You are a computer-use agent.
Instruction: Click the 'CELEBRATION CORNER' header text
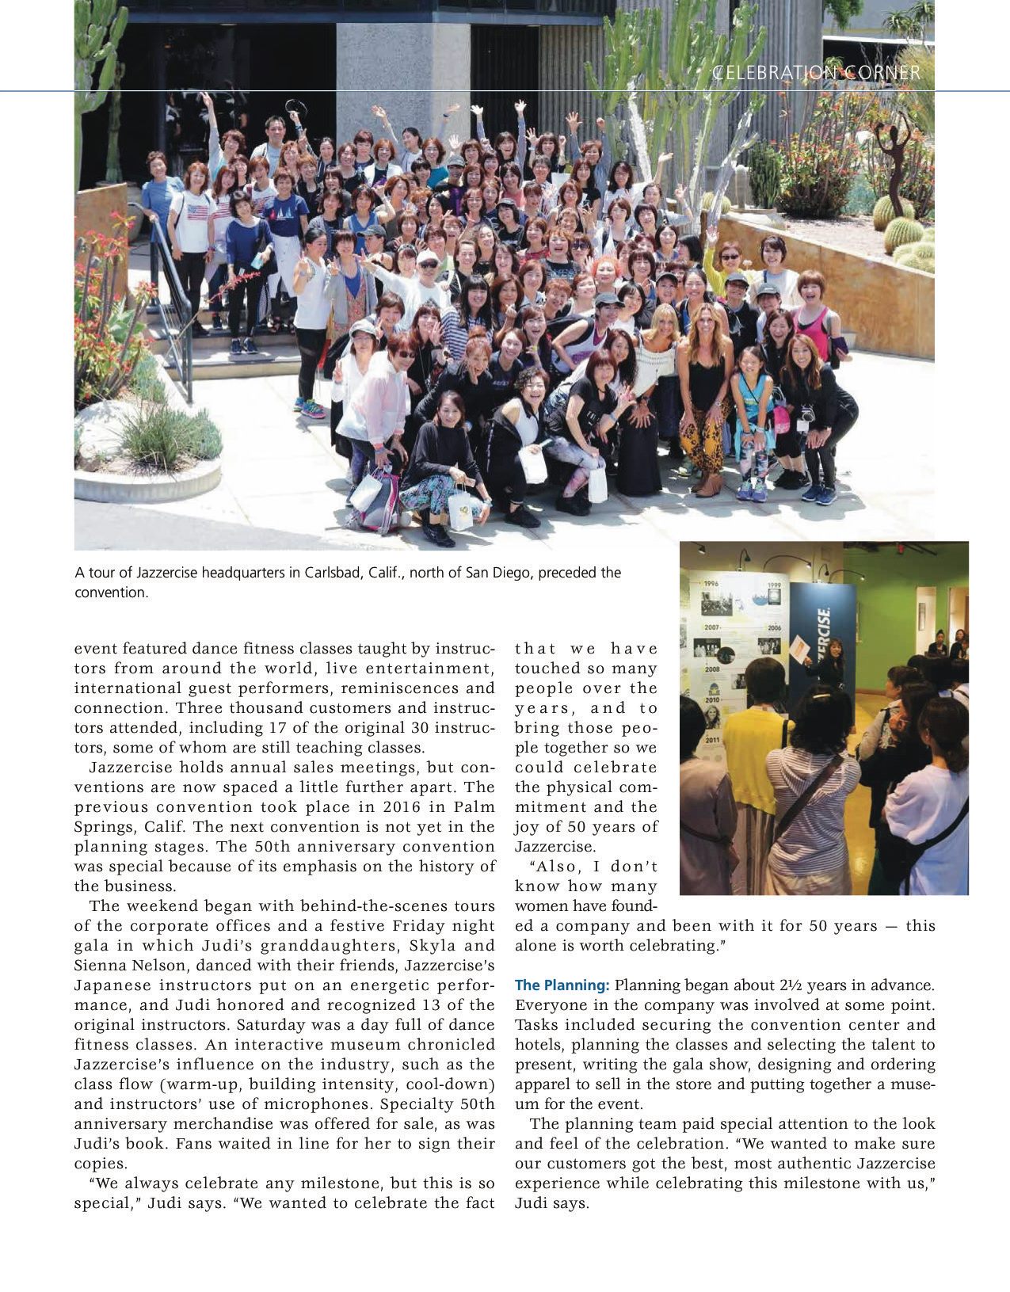816,73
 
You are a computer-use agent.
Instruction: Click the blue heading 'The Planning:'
561,985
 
